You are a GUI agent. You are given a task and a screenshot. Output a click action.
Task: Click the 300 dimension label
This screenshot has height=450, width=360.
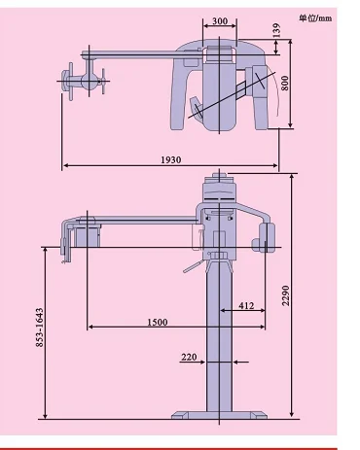coord(220,21)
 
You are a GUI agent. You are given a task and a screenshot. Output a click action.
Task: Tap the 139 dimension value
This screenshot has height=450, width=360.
coord(276,30)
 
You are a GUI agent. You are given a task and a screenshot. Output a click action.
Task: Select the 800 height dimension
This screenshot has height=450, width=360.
coord(284,83)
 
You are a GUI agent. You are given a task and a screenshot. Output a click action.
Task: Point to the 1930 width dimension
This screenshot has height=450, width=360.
coord(171,159)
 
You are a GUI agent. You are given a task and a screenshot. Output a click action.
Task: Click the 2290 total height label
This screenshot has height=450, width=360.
coord(285,295)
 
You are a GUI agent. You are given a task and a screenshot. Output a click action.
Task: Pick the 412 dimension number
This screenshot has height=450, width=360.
coord(246,305)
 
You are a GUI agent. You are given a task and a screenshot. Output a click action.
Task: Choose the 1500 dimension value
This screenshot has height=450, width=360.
coord(158,323)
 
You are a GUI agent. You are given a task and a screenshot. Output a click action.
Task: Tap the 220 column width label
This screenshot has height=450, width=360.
coord(189,357)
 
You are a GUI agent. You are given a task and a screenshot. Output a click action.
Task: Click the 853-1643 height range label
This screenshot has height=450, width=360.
coord(39,328)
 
